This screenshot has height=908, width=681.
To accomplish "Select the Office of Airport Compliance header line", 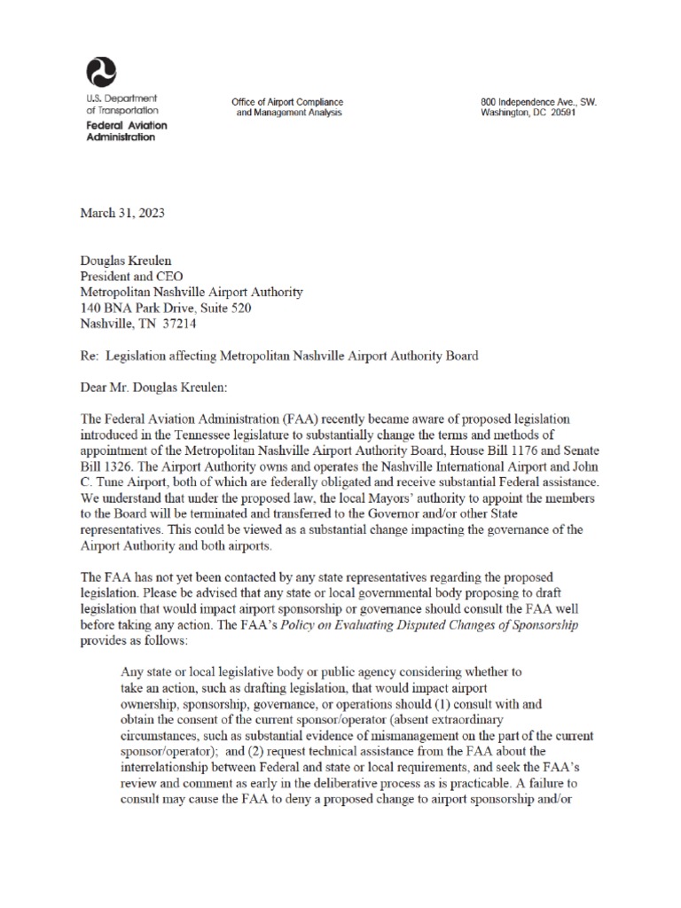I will point(286,102).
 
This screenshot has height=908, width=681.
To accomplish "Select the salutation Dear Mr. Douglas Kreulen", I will point(153,387).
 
